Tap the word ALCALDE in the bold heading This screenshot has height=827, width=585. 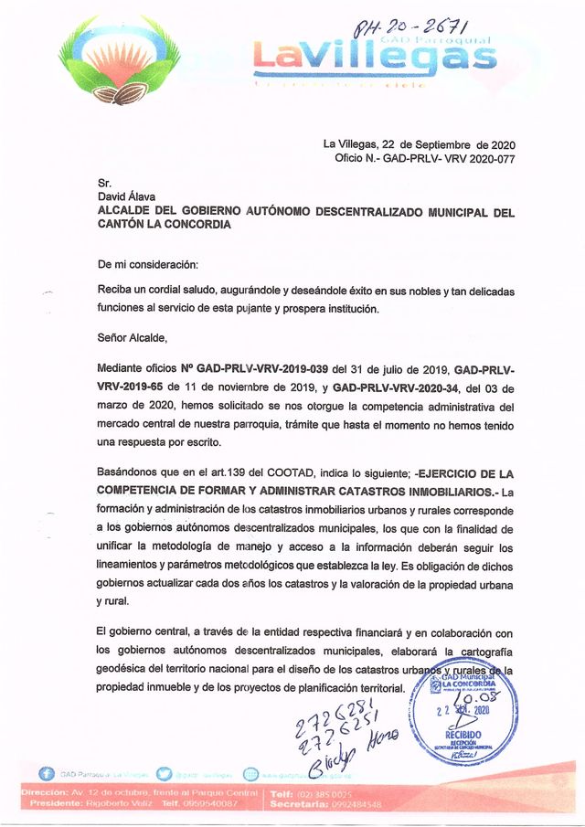click(130, 211)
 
